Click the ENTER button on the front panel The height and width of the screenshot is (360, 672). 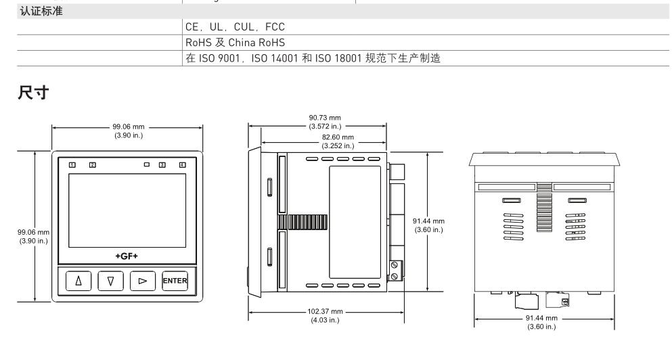[175, 282]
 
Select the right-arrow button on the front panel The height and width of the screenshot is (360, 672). [143, 282]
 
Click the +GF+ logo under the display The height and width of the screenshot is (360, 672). [126, 256]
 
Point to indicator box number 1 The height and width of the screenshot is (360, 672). [72, 164]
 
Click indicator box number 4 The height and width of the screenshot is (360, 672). [181, 164]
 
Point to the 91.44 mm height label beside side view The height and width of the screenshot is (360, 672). [429, 225]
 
